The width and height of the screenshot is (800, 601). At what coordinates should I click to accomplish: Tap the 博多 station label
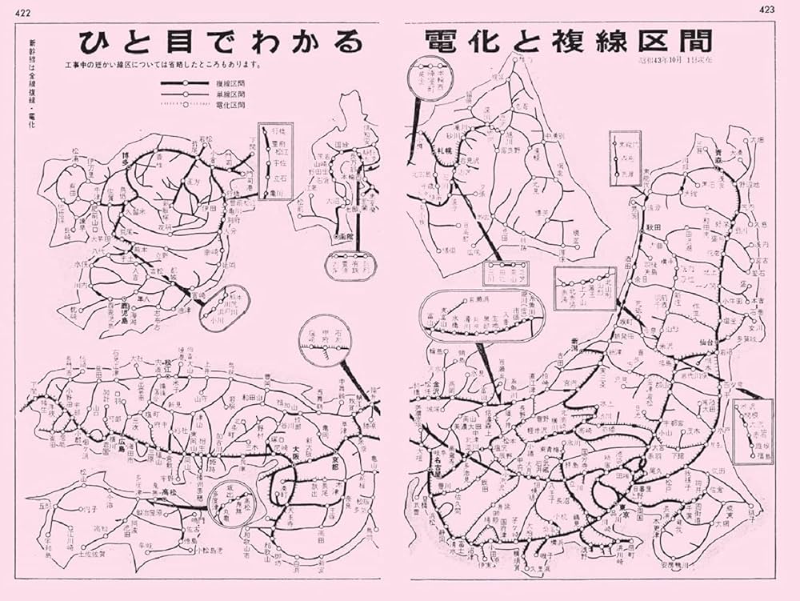point(122,160)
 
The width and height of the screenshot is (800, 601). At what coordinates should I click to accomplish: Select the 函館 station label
point(345,238)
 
